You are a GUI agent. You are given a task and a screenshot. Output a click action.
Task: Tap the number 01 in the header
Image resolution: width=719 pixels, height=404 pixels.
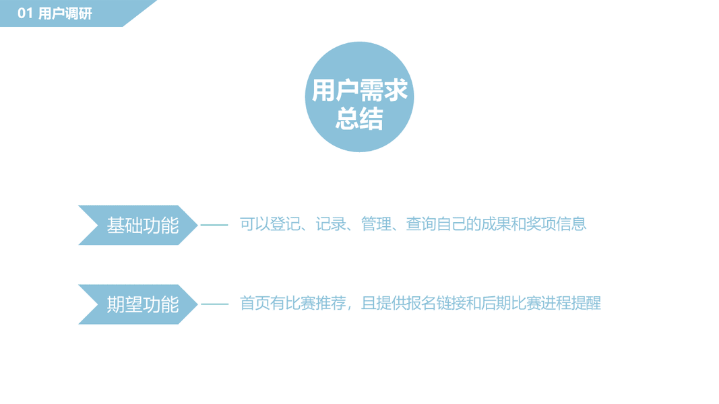[25, 13]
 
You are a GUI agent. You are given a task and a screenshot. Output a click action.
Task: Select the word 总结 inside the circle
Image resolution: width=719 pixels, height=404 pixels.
[359, 119]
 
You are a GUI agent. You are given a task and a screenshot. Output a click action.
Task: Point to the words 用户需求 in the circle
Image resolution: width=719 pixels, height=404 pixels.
[359, 90]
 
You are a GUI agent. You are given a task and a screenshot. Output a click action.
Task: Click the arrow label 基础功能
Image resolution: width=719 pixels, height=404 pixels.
[142, 225]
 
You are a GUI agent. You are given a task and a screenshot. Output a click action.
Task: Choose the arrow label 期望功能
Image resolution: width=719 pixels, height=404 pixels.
[142, 304]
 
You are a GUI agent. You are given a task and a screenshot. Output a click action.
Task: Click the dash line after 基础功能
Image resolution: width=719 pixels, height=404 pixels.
[214, 225]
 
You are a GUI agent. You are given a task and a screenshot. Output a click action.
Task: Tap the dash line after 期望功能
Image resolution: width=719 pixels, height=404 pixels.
[214, 304]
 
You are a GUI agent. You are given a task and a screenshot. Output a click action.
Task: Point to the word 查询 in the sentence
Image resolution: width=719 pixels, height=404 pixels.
[420, 224]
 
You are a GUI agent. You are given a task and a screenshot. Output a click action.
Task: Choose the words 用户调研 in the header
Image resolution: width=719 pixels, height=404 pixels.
[65, 13]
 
